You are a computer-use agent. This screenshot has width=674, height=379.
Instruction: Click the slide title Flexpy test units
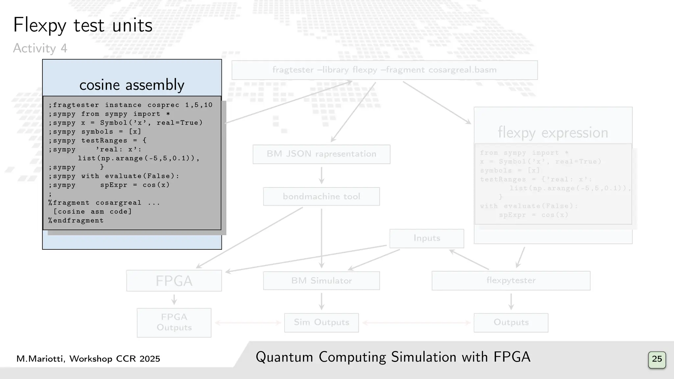point(83,25)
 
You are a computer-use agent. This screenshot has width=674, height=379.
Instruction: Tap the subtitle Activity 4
point(40,48)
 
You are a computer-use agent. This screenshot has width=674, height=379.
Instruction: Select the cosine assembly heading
point(132,85)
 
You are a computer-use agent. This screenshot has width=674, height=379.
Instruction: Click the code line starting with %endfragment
point(76,220)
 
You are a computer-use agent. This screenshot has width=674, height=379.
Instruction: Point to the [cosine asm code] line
point(92,212)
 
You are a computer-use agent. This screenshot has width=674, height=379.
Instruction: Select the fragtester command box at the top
point(384,70)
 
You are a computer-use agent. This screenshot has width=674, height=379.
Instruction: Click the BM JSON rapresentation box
point(321,154)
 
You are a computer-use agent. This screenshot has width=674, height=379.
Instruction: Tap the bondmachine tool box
point(321,196)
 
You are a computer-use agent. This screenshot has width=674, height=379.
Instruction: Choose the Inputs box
point(427,238)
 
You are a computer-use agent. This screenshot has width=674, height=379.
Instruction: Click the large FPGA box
point(174,281)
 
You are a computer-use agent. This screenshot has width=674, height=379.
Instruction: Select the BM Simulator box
point(321,281)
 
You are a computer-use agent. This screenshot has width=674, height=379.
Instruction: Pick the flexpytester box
point(511,280)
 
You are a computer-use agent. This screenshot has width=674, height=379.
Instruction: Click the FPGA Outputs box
point(174,322)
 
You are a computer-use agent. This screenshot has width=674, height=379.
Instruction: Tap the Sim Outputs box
point(321,322)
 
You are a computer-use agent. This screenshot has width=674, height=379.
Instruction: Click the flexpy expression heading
point(553,133)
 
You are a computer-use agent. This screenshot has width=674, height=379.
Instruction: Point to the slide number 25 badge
point(657,359)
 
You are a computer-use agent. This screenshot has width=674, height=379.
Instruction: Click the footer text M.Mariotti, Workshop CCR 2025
point(88,359)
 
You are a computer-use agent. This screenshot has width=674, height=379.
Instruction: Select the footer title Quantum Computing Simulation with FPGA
point(393,357)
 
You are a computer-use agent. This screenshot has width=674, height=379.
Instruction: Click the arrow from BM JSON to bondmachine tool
point(322,175)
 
